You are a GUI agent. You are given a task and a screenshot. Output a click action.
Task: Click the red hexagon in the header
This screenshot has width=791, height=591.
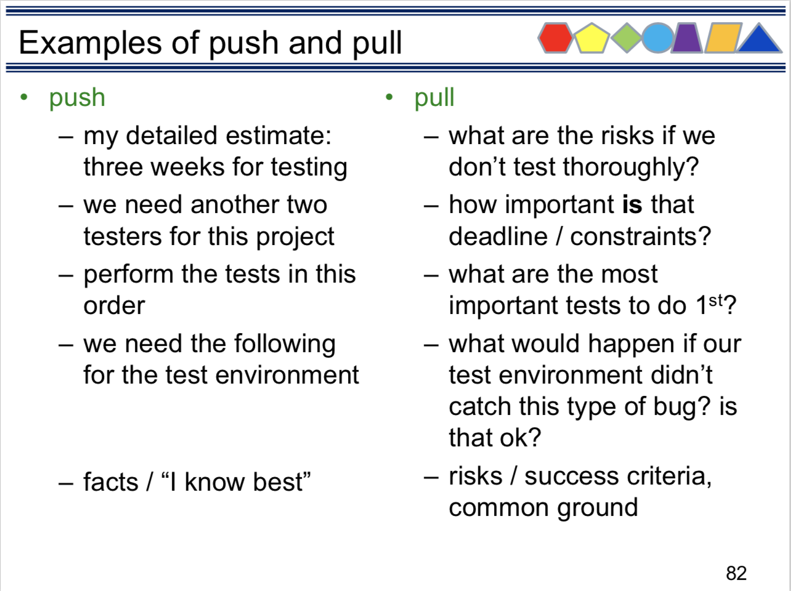[555, 38]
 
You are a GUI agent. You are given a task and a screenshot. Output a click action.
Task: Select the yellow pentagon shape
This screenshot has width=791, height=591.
[591, 38]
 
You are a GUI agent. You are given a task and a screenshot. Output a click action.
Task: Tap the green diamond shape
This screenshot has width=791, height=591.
[627, 38]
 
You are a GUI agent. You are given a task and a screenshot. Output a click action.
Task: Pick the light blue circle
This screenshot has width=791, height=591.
[658, 38]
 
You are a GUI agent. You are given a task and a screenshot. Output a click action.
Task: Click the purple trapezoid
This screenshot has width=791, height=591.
[687, 38]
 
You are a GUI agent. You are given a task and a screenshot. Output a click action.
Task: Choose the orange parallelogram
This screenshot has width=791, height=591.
[723, 38]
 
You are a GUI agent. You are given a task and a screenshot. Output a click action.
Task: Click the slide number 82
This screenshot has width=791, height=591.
[736, 573]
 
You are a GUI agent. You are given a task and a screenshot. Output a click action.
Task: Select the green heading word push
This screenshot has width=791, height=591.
[77, 98]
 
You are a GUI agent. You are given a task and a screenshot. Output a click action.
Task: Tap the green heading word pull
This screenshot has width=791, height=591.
[434, 98]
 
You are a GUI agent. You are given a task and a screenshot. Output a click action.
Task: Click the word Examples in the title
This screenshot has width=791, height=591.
[90, 43]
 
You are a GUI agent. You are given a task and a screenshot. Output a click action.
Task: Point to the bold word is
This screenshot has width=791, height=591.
[632, 204]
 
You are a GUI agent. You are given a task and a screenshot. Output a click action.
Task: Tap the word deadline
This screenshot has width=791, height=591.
[498, 236]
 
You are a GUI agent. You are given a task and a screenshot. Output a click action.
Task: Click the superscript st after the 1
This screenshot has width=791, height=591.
[716, 300]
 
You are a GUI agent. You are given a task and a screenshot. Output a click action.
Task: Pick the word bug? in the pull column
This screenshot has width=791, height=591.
[682, 407]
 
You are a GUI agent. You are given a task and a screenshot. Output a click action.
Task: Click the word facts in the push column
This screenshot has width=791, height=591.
[111, 482]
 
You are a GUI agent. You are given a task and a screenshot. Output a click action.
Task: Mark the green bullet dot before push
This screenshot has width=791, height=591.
[24, 97]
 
